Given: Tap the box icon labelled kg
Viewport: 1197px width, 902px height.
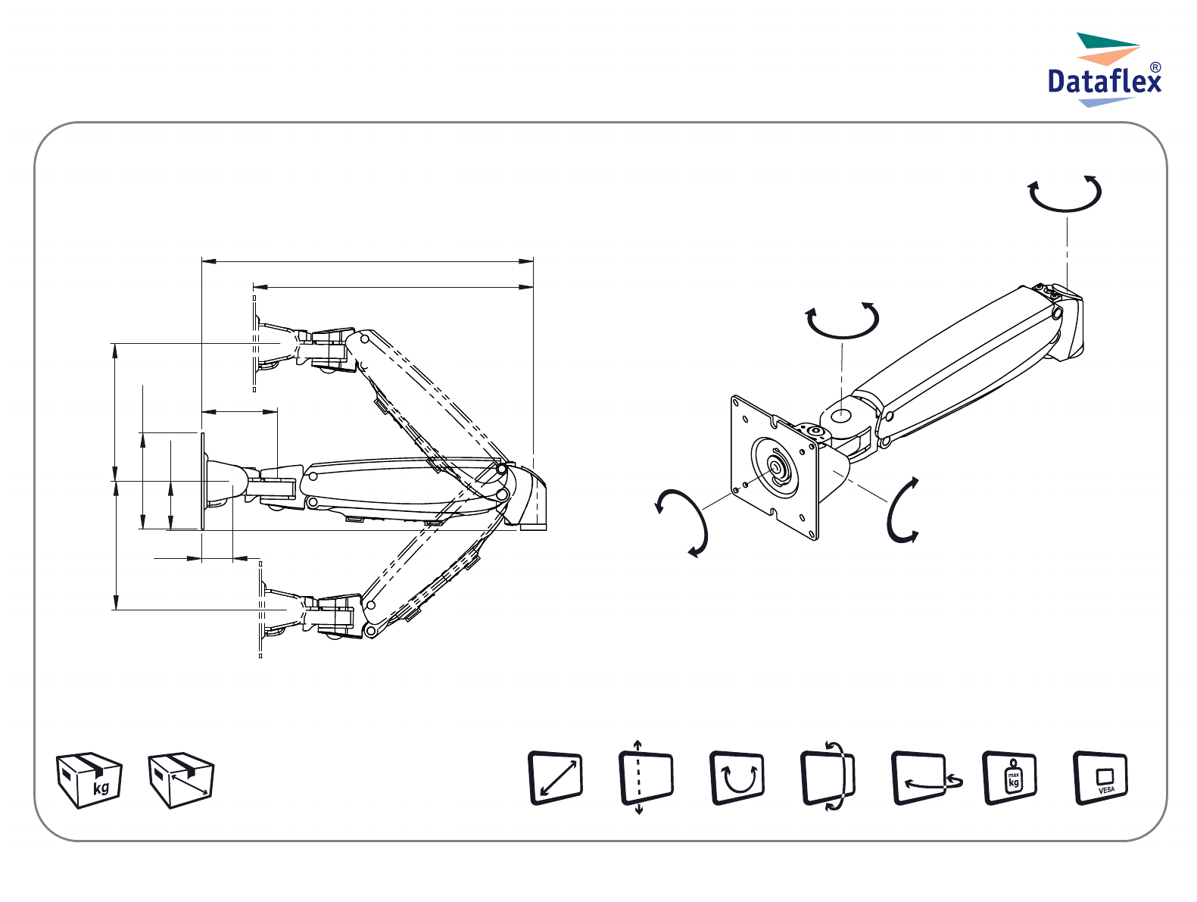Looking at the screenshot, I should point(89,780).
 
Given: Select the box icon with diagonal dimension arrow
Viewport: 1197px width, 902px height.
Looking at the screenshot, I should point(181,780).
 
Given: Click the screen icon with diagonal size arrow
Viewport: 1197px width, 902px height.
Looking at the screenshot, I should point(555,778).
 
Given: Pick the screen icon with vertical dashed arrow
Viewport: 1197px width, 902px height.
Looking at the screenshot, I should point(646,778).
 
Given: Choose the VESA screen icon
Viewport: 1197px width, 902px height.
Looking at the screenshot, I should point(1101,778).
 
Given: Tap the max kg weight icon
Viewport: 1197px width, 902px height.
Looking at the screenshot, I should point(1010,778).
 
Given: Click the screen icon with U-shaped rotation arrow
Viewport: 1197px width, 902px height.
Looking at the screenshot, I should point(737,778).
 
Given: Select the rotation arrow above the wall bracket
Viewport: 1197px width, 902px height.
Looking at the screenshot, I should point(1065,193).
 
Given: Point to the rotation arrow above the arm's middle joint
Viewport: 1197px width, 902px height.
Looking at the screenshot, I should point(842,320).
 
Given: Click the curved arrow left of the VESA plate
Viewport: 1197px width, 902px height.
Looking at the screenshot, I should point(684,523).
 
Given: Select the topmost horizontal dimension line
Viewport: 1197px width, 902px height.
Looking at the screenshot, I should point(367,261).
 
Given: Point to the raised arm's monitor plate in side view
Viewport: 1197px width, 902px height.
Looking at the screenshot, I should point(254,345).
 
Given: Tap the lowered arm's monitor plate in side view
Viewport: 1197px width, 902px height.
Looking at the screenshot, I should point(261,610).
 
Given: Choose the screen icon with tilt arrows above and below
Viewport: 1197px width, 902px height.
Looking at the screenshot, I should point(828,778).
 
